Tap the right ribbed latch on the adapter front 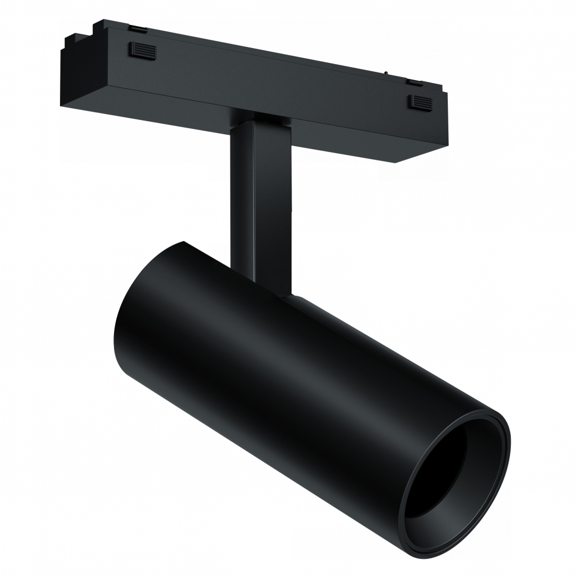tap(419, 102)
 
